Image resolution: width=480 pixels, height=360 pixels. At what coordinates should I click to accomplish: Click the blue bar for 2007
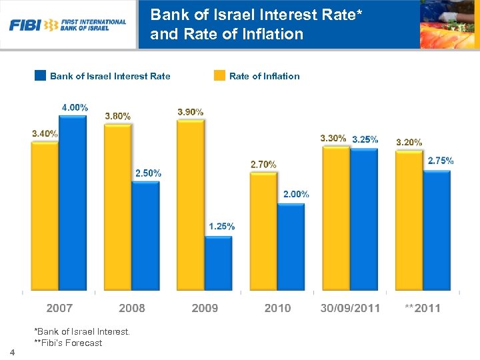click(x=73, y=203)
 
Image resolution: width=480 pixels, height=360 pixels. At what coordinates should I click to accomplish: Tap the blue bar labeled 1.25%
click(x=218, y=263)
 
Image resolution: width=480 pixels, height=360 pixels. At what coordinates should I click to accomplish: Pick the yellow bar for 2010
click(x=263, y=231)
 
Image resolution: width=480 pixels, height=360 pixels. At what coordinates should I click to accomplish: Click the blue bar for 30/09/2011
click(x=364, y=219)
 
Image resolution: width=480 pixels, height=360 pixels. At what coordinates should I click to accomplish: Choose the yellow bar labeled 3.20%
click(x=409, y=221)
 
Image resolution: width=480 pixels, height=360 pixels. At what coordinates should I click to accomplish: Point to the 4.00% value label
click(x=75, y=107)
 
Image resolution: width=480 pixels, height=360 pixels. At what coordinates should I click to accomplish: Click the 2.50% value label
click(x=148, y=173)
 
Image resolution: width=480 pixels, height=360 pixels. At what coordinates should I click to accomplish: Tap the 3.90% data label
click(x=191, y=112)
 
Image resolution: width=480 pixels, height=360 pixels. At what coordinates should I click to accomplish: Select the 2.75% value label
click(x=441, y=161)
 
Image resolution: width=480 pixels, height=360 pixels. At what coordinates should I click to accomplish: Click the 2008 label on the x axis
click(x=132, y=308)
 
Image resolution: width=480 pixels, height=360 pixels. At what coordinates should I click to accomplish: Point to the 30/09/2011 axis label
click(x=350, y=308)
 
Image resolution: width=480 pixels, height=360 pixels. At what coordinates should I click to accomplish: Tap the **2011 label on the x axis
click(x=423, y=308)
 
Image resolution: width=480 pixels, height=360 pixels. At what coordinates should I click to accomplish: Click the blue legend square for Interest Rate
click(x=40, y=75)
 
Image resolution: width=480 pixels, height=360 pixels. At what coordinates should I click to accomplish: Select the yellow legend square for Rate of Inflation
click(x=219, y=75)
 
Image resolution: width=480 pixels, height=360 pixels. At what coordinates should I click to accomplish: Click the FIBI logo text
click(x=25, y=25)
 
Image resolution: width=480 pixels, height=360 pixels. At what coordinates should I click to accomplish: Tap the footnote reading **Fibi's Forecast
click(x=68, y=343)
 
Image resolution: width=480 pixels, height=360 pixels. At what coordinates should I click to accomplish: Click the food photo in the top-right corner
click(x=449, y=25)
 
